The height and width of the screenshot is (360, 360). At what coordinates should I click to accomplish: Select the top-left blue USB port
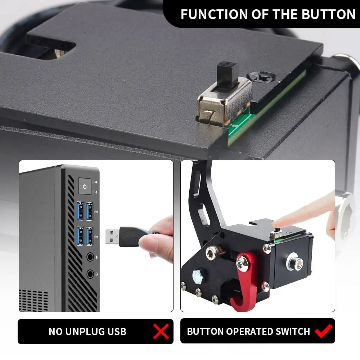pos(80,211)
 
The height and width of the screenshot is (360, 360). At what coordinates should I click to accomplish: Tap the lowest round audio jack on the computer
pos(90,274)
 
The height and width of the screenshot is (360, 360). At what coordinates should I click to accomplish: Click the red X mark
pos(161,332)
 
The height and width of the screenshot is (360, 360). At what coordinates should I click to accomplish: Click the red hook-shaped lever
pos(245,284)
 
